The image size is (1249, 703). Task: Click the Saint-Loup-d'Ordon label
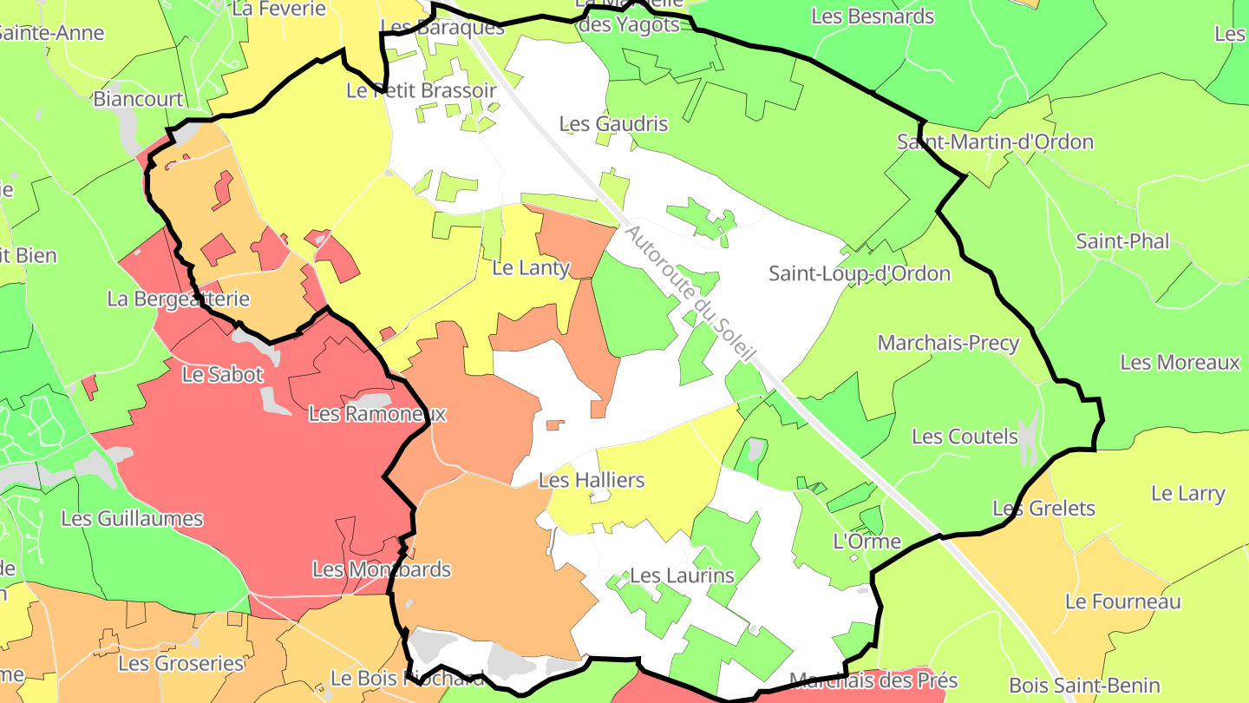coord(860,274)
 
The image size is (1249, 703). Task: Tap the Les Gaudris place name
coord(614,124)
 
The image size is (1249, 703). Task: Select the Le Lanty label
coord(531,268)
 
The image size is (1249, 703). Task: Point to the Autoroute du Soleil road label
coord(690,296)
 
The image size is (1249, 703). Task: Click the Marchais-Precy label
coord(948,343)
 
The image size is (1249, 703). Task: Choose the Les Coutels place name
coord(965,437)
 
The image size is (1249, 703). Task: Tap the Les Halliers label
coord(592,480)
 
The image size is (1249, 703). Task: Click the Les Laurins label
coord(682,575)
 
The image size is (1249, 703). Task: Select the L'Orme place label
coord(866,542)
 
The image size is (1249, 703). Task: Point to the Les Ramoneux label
coord(377,414)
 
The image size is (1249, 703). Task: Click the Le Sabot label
coord(223,375)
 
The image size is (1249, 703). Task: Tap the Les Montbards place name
coord(382,569)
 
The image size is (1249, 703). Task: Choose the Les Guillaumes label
coord(132,519)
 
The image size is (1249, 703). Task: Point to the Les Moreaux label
coord(1180,363)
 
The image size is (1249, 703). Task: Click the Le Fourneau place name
coord(1122,601)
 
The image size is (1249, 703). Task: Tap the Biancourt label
coord(139,98)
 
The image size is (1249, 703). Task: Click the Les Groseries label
coord(181,664)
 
